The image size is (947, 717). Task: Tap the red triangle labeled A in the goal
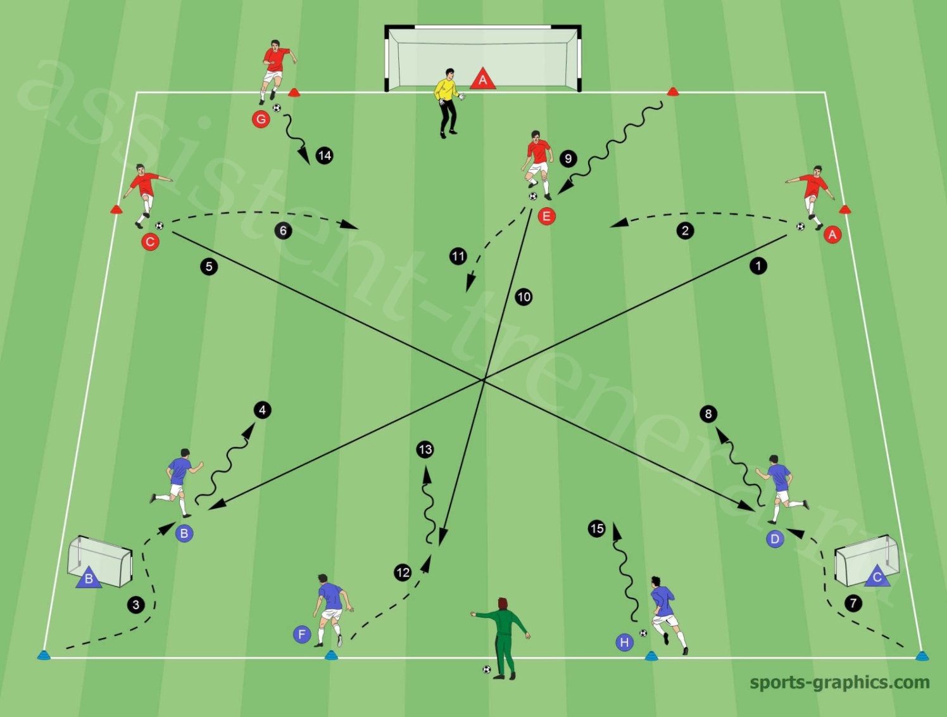(x=482, y=79)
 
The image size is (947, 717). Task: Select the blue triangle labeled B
(x=89, y=578)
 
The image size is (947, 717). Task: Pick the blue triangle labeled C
(x=877, y=576)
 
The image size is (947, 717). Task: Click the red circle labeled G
(x=261, y=119)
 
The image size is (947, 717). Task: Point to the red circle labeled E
(x=547, y=216)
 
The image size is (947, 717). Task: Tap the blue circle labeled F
(x=302, y=635)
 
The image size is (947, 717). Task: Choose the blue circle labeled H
(x=624, y=642)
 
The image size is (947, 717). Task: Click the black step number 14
(x=325, y=155)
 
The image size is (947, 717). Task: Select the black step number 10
(x=524, y=297)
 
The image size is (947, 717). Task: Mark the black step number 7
(x=853, y=603)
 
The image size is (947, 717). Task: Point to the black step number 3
(x=136, y=605)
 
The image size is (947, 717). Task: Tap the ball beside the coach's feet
(x=487, y=669)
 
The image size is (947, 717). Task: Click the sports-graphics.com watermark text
(x=839, y=682)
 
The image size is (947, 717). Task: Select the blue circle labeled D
(x=775, y=539)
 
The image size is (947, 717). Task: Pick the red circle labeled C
(x=150, y=242)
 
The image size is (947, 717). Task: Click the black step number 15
(x=597, y=528)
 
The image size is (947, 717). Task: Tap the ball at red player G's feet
(x=277, y=108)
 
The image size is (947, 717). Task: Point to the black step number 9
(x=568, y=159)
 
